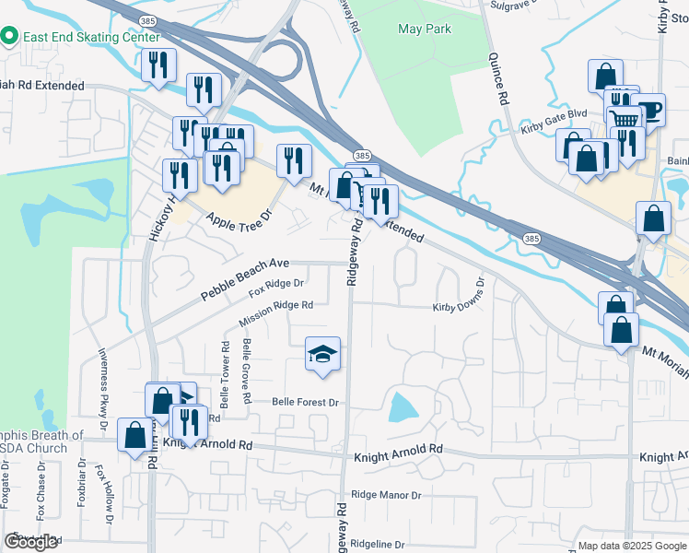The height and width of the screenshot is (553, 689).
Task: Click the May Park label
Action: coord(425,29)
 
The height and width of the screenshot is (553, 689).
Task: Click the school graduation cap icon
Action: coord(322,355)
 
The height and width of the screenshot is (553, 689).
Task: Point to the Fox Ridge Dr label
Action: coord(276,289)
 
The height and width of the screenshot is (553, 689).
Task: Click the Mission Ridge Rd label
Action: coord(275,313)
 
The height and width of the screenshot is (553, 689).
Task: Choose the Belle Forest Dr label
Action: coord(306,403)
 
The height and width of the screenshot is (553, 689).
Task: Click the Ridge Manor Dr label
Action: coord(386,495)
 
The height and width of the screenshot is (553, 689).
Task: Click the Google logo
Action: coord(31,542)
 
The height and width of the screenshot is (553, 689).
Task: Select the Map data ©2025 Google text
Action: coord(631,546)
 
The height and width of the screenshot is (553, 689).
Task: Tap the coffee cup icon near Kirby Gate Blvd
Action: coord(648,110)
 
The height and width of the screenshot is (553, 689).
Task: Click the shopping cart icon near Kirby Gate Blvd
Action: coord(625,118)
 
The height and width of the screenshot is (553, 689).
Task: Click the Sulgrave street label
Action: coord(513,5)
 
